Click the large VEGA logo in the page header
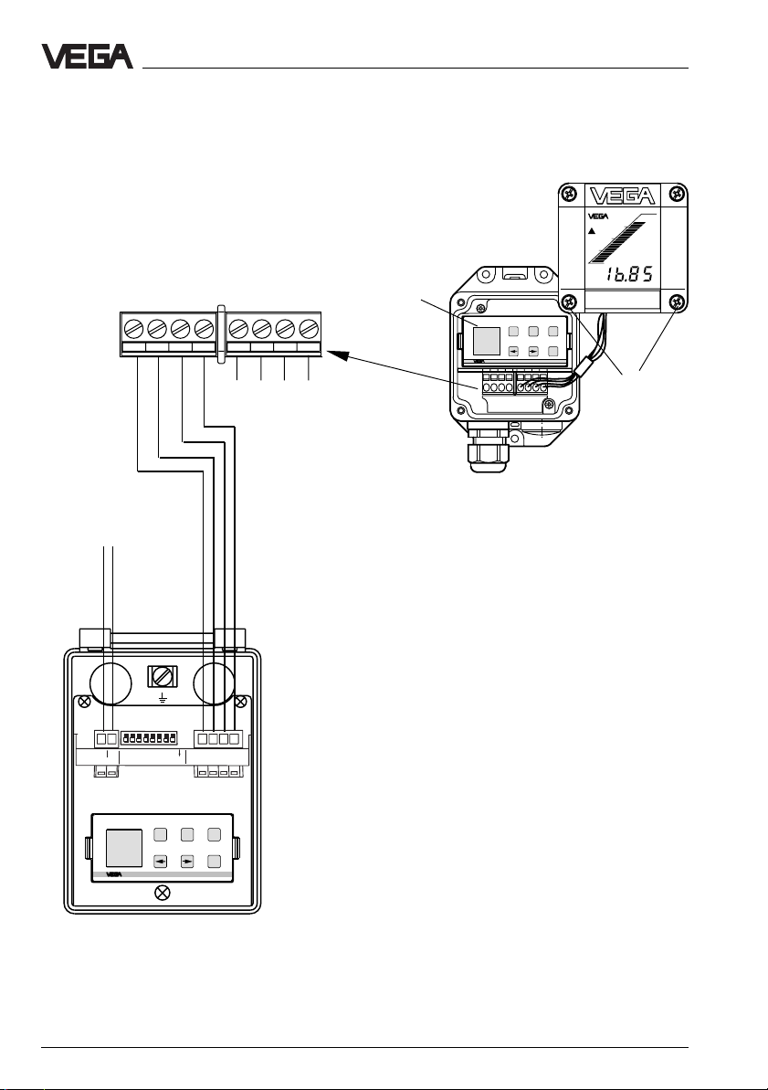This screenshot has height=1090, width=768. [87, 57]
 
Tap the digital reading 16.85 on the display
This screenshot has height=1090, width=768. [627, 274]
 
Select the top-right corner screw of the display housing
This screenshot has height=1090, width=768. [678, 193]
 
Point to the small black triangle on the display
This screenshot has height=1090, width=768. [592, 231]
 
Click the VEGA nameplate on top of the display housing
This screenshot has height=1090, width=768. [622, 196]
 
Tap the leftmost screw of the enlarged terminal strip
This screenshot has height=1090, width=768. [133, 327]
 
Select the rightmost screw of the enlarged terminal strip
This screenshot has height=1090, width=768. [309, 327]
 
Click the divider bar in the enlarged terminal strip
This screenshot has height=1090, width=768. [222, 333]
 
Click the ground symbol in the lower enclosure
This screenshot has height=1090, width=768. [163, 696]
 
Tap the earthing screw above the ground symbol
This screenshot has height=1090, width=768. [163, 676]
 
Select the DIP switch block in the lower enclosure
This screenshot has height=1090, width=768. [148, 737]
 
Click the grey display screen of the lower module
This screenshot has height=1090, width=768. [123, 847]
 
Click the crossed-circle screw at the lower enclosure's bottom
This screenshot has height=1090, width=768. [162, 893]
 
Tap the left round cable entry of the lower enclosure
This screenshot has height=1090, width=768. [110, 683]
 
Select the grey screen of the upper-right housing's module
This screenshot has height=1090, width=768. [487, 342]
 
